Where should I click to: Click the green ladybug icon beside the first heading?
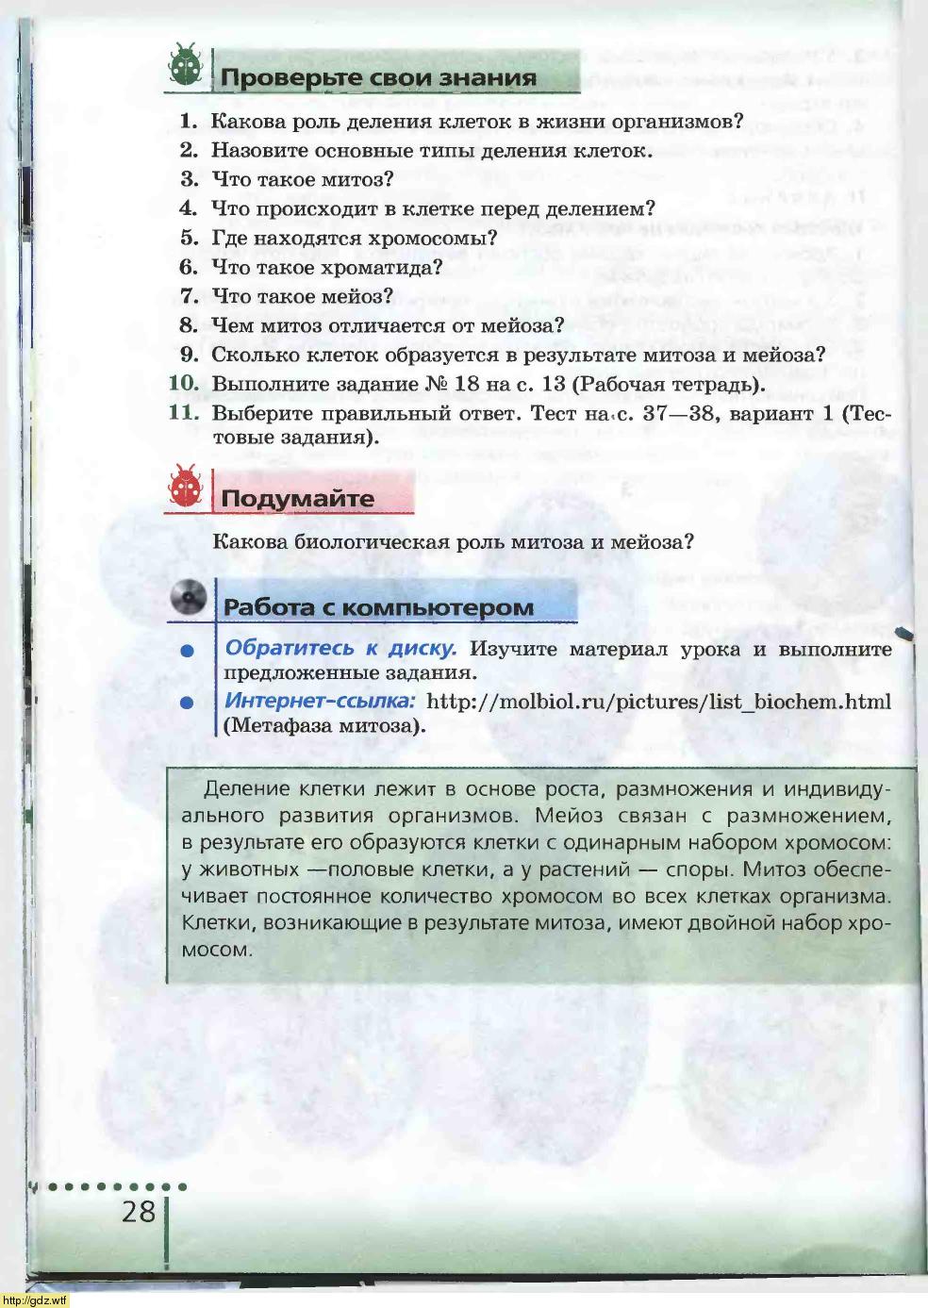tap(186, 66)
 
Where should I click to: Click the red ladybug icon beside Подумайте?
tap(185, 487)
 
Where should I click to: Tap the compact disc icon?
tap(189, 597)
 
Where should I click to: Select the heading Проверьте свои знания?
tap(378, 77)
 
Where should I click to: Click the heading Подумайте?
tap(297, 498)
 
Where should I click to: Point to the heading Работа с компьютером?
tap(378, 607)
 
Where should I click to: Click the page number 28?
tap(138, 1211)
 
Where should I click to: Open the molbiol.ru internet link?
tap(658, 701)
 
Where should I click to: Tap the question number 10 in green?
tap(184, 383)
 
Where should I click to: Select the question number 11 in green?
tap(184, 412)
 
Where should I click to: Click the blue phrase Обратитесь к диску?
tap(340, 648)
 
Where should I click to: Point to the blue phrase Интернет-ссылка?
tap(320, 701)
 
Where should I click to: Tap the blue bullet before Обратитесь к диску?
tap(188, 651)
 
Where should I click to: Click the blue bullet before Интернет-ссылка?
tap(188, 703)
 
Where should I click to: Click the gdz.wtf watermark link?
tap(35, 1300)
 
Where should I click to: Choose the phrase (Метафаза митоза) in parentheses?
tap(324, 725)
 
